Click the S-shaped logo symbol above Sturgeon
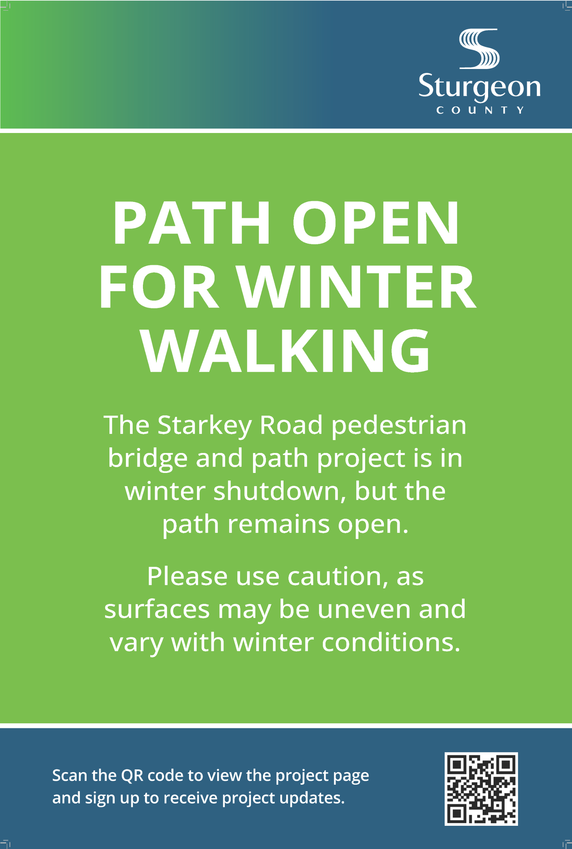tap(479, 49)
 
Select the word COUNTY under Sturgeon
tap(480, 110)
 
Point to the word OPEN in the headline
tap(375, 223)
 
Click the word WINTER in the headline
tap(355, 287)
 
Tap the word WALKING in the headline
tap(286, 351)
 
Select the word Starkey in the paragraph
tap(204, 425)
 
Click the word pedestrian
tap(399, 425)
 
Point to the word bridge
tap(147, 459)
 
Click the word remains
tap(279, 524)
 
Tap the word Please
tap(187, 577)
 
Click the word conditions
tap(391, 642)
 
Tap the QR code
tap(481, 788)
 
